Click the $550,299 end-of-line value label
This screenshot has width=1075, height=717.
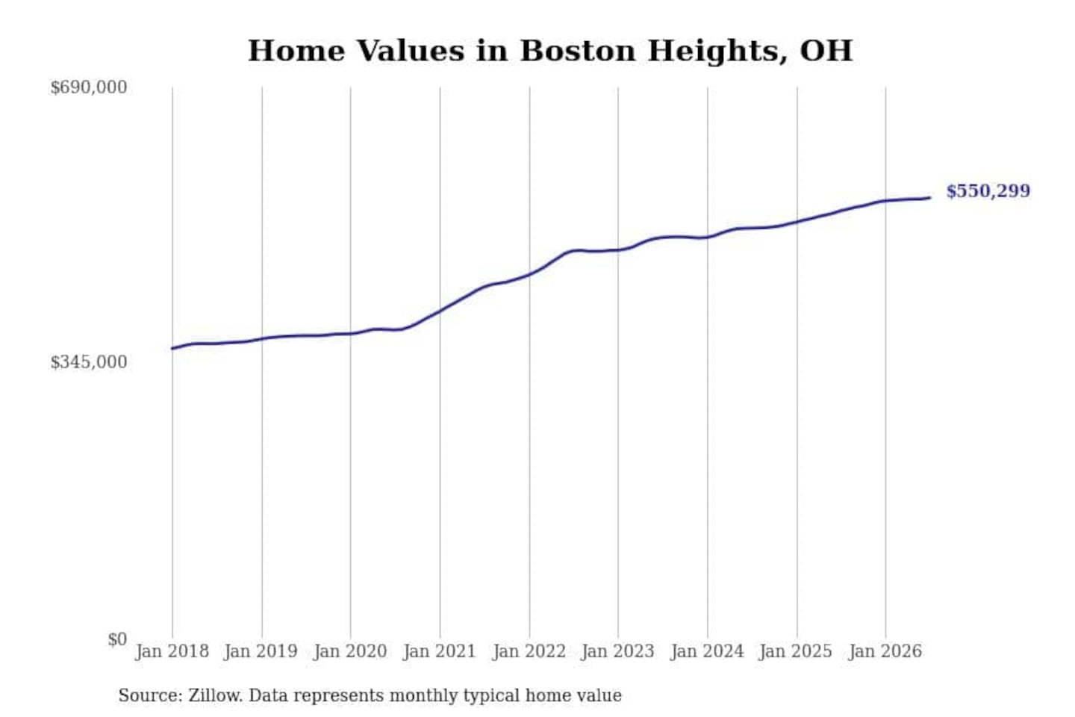(x=988, y=191)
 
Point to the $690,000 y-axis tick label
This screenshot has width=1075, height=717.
(x=88, y=87)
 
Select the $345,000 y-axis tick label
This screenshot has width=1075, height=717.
(x=88, y=362)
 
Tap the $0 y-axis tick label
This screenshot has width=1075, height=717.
(x=117, y=639)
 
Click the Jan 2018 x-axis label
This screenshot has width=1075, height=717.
(x=172, y=652)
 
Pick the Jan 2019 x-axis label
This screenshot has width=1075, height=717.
(x=261, y=652)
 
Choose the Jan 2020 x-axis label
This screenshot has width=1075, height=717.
(x=350, y=652)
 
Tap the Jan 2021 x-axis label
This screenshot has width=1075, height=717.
(x=440, y=652)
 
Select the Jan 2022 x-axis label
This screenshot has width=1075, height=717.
(x=529, y=652)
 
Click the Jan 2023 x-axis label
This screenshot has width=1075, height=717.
(x=617, y=652)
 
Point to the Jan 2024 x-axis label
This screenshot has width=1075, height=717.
(x=707, y=652)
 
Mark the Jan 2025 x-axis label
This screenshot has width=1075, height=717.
(x=796, y=652)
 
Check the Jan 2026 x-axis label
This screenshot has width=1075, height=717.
(x=885, y=652)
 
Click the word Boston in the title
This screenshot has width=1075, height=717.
(x=578, y=51)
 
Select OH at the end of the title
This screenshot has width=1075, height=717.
(x=826, y=51)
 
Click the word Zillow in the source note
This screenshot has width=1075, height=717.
(x=216, y=695)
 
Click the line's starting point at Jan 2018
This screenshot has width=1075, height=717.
(x=172, y=349)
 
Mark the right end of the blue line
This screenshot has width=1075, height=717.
(x=930, y=198)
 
